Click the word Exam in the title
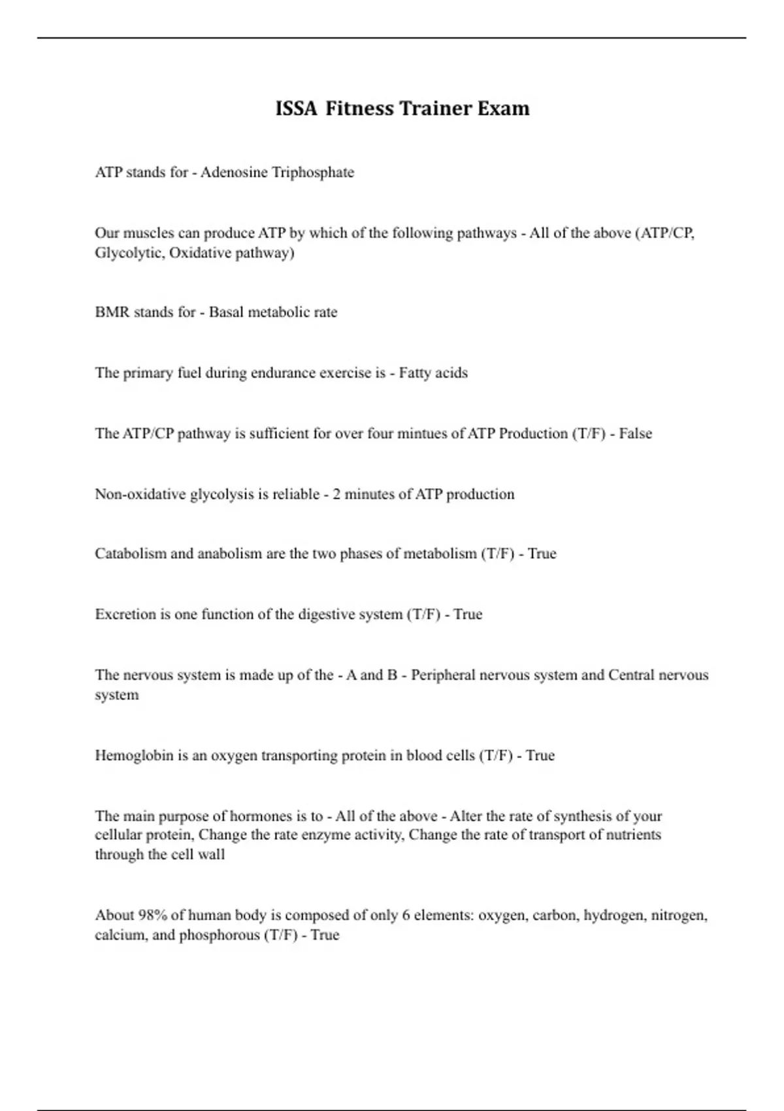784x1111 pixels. (503, 108)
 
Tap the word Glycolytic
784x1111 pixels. (129, 253)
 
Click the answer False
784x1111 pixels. (635, 434)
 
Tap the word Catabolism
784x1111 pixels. (131, 554)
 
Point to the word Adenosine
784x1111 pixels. (233, 173)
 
